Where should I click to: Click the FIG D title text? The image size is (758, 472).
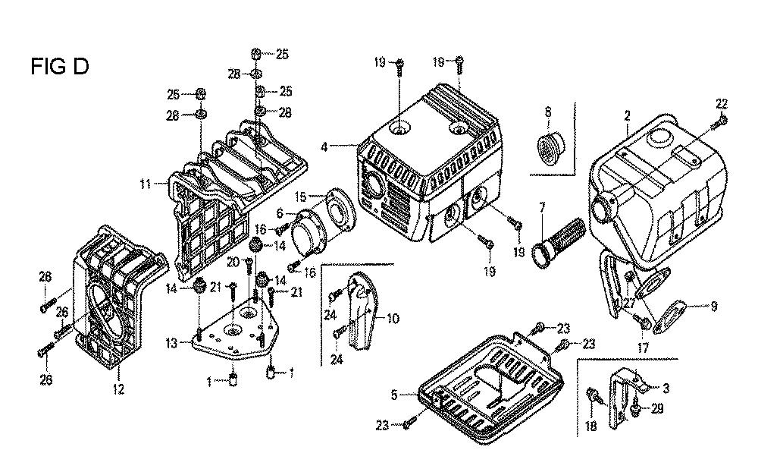tap(60, 67)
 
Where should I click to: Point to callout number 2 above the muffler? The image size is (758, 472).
tap(627, 115)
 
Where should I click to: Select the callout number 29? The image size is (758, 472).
tap(656, 409)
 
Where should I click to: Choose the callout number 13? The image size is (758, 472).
tap(174, 343)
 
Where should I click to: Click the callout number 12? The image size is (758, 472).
tap(118, 389)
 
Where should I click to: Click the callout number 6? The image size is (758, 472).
tap(280, 214)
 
